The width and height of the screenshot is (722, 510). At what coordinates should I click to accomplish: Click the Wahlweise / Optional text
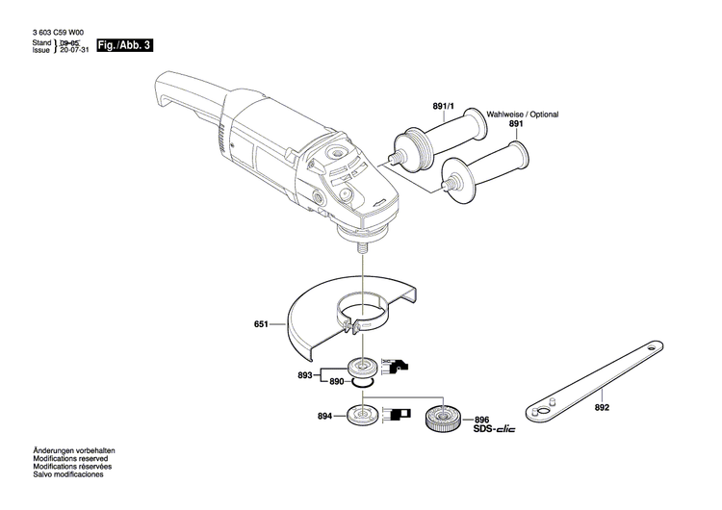pyautogui.click(x=523, y=114)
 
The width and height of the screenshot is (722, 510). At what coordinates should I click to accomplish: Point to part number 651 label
pyautogui.click(x=261, y=325)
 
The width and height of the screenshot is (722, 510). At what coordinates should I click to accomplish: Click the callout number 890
pyautogui.click(x=336, y=382)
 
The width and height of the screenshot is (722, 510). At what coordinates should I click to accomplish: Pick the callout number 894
pyautogui.click(x=325, y=417)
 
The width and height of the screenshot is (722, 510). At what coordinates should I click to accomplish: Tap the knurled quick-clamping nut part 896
pyautogui.click(x=446, y=419)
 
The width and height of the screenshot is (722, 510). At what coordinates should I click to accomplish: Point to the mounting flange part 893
pyautogui.click(x=364, y=367)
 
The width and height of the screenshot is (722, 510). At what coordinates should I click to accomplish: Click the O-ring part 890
pyautogui.click(x=361, y=383)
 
